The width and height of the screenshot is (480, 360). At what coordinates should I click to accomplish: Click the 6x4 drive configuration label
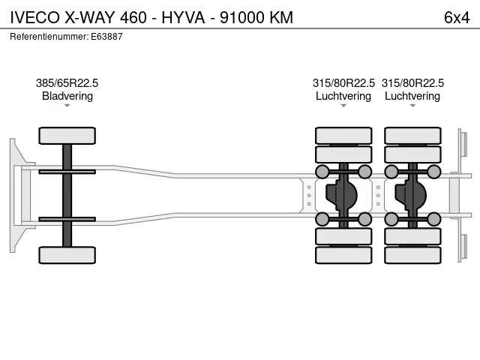(456, 17)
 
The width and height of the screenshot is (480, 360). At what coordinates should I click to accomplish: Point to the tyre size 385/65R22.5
(67, 83)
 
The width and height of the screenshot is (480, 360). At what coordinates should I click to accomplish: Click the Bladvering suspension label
(67, 96)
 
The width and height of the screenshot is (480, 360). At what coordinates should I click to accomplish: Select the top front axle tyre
(67, 136)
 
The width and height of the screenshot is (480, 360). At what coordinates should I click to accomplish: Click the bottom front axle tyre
(67, 254)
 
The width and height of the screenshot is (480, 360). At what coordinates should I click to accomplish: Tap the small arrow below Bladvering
(67, 106)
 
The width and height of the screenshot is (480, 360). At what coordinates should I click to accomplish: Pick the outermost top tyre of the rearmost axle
(412, 136)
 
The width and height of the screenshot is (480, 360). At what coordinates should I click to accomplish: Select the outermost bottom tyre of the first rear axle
(343, 255)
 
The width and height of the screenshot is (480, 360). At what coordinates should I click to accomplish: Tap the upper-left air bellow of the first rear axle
(322, 172)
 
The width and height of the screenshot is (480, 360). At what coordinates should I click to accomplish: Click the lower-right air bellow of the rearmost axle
(433, 219)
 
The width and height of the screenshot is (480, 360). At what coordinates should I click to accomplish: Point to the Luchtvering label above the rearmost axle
(412, 96)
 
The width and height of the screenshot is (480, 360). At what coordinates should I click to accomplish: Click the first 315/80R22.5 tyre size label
(343, 83)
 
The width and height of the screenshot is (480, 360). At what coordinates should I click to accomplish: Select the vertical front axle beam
(67, 195)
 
